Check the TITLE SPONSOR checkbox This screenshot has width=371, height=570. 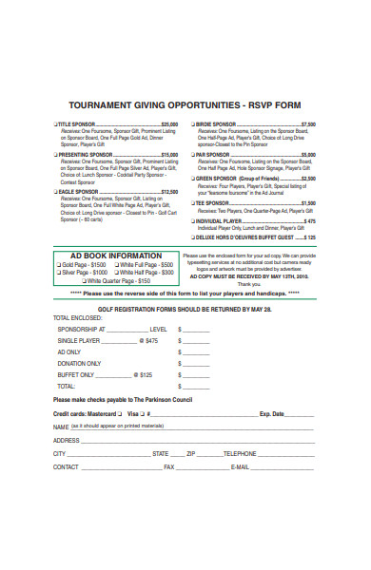pyautogui.click(x=55, y=124)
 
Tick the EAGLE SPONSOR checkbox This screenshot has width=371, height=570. pyautogui.click(x=55, y=191)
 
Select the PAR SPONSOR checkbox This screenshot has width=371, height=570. pyautogui.click(x=193, y=154)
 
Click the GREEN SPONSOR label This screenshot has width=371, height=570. pyautogui.click(x=221, y=178)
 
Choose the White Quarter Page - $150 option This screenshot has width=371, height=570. pyautogui.click(x=86, y=281)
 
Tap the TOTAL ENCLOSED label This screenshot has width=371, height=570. pyautogui.click(x=77, y=317)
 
